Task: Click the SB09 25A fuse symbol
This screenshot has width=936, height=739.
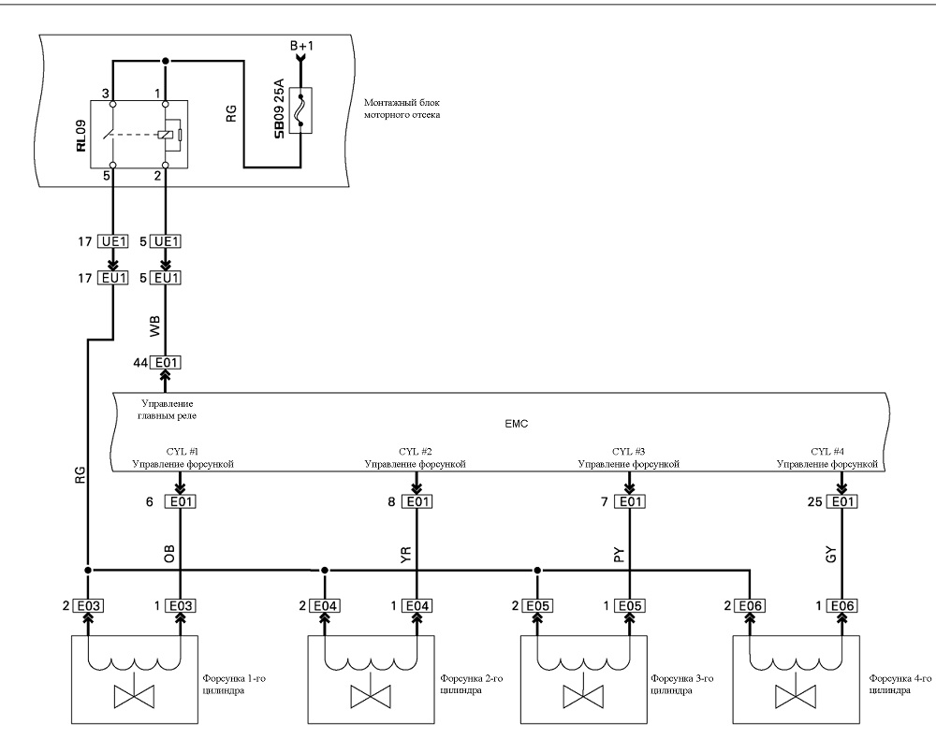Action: click(x=300, y=110)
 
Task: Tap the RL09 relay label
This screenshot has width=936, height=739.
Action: click(x=80, y=136)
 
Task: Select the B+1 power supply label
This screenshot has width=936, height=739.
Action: click(x=301, y=45)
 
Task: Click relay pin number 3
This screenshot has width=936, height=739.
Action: click(x=106, y=94)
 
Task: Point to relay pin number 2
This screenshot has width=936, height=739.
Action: click(x=157, y=175)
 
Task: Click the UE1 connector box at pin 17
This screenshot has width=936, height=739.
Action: click(x=113, y=241)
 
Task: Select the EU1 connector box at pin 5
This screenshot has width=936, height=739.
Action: click(x=166, y=278)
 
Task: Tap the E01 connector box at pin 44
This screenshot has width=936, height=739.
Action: click(x=166, y=363)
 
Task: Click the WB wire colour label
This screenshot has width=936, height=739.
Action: click(x=155, y=326)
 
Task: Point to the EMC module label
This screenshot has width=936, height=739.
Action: click(x=517, y=424)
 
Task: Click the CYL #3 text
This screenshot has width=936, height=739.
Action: click(x=629, y=452)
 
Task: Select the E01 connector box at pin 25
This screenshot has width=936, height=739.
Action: click(x=842, y=501)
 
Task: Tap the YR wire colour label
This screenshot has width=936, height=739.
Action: click(x=406, y=556)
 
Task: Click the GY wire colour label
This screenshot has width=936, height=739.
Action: click(x=831, y=555)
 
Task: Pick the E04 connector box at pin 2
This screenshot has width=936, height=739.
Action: click(x=325, y=606)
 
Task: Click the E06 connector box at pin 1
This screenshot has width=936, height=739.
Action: click(x=842, y=606)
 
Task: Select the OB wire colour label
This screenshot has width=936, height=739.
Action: click(x=169, y=555)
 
